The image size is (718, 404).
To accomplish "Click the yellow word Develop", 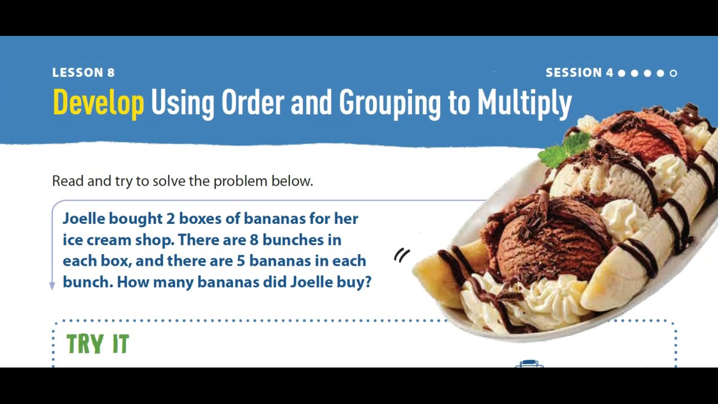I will click(x=98, y=103).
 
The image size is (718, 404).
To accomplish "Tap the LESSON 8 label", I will click(x=83, y=72).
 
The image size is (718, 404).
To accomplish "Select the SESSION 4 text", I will click(x=579, y=72).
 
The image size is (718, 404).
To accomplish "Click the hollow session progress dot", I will click(x=673, y=73).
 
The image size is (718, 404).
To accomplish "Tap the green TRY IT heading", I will click(x=98, y=344).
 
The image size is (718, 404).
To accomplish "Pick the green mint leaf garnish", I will click(x=564, y=150).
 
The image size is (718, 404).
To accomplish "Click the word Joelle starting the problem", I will click(x=84, y=218).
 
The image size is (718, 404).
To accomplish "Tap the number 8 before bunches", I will click(x=254, y=240).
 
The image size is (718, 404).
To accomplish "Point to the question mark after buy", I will click(x=368, y=282).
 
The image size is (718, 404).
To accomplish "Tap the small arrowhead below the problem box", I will click(x=52, y=286).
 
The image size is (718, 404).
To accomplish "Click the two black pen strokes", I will click(x=402, y=256).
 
